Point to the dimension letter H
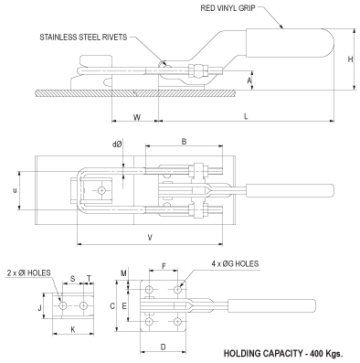pos(351,59)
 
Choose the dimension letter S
pos(72,280)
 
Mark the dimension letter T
pos(89,280)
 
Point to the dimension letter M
pos(125,273)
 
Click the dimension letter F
pos(164,266)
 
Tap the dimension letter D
pos(162,347)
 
